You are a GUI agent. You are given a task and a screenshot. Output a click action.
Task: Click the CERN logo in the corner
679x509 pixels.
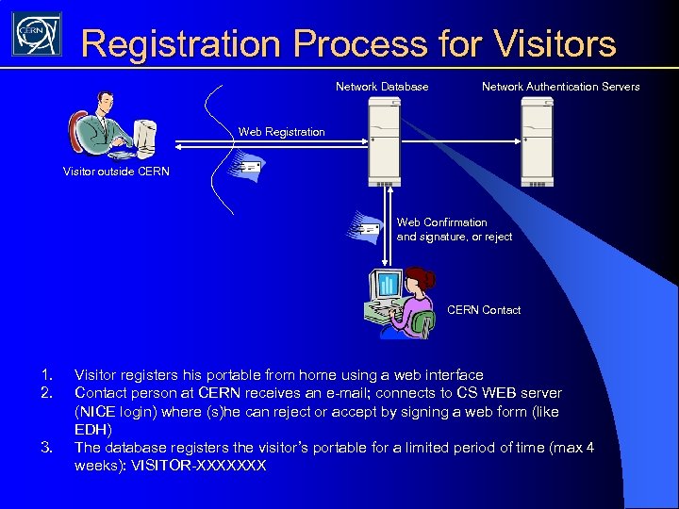coord(36,35)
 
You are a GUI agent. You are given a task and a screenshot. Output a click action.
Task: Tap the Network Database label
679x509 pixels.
coord(382,87)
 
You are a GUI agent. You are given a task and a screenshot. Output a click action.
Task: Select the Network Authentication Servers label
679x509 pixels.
coord(560,87)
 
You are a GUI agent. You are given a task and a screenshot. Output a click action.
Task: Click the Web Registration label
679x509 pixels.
coord(281,132)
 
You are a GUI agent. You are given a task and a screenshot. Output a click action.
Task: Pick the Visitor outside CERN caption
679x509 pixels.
coord(116,172)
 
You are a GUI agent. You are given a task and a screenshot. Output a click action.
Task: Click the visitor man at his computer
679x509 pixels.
coord(104,127)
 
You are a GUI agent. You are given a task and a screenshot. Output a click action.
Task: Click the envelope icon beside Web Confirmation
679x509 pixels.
coord(365,225)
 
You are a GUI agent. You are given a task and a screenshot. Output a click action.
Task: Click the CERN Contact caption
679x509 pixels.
coord(483,310)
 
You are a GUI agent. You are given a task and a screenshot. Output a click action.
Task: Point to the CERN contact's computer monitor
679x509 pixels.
coord(387,284)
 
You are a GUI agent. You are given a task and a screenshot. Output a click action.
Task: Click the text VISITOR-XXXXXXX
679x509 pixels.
coord(199,466)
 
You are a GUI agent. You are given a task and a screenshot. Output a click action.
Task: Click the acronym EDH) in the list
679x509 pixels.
coord(92,430)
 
